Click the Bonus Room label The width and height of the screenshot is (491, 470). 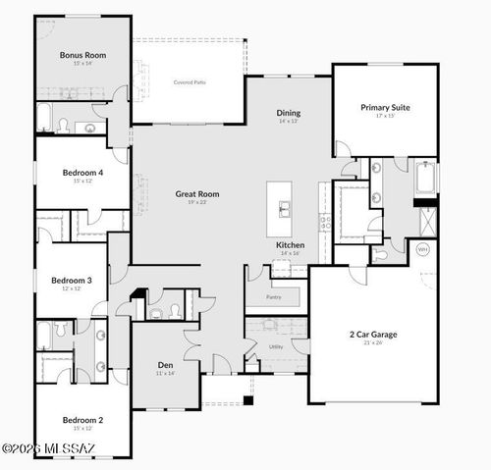coord(82,56)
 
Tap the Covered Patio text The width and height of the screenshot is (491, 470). coord(189,82)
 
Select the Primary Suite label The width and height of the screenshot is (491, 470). coord(384,107)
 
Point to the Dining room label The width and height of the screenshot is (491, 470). coord(288,113)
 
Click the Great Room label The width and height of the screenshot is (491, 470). coord(197,194)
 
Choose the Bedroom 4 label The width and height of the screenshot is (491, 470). coord(82,172)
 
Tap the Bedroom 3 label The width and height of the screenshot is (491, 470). coord(72,281)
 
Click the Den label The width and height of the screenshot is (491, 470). coord(165,365)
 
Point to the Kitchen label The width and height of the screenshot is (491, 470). coord(290,244)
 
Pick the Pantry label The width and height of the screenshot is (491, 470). coord(275,296)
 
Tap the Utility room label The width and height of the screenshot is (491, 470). coord(276,346)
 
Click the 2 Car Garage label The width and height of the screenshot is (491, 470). coord(372,334)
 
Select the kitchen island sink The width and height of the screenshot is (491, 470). coord(285,208)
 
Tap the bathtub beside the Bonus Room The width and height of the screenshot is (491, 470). coord(44,118)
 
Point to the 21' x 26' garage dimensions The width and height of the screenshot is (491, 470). coord(372,343)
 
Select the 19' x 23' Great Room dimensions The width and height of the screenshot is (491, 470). coord(197,203)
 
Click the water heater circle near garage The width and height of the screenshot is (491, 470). coord(423,250)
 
